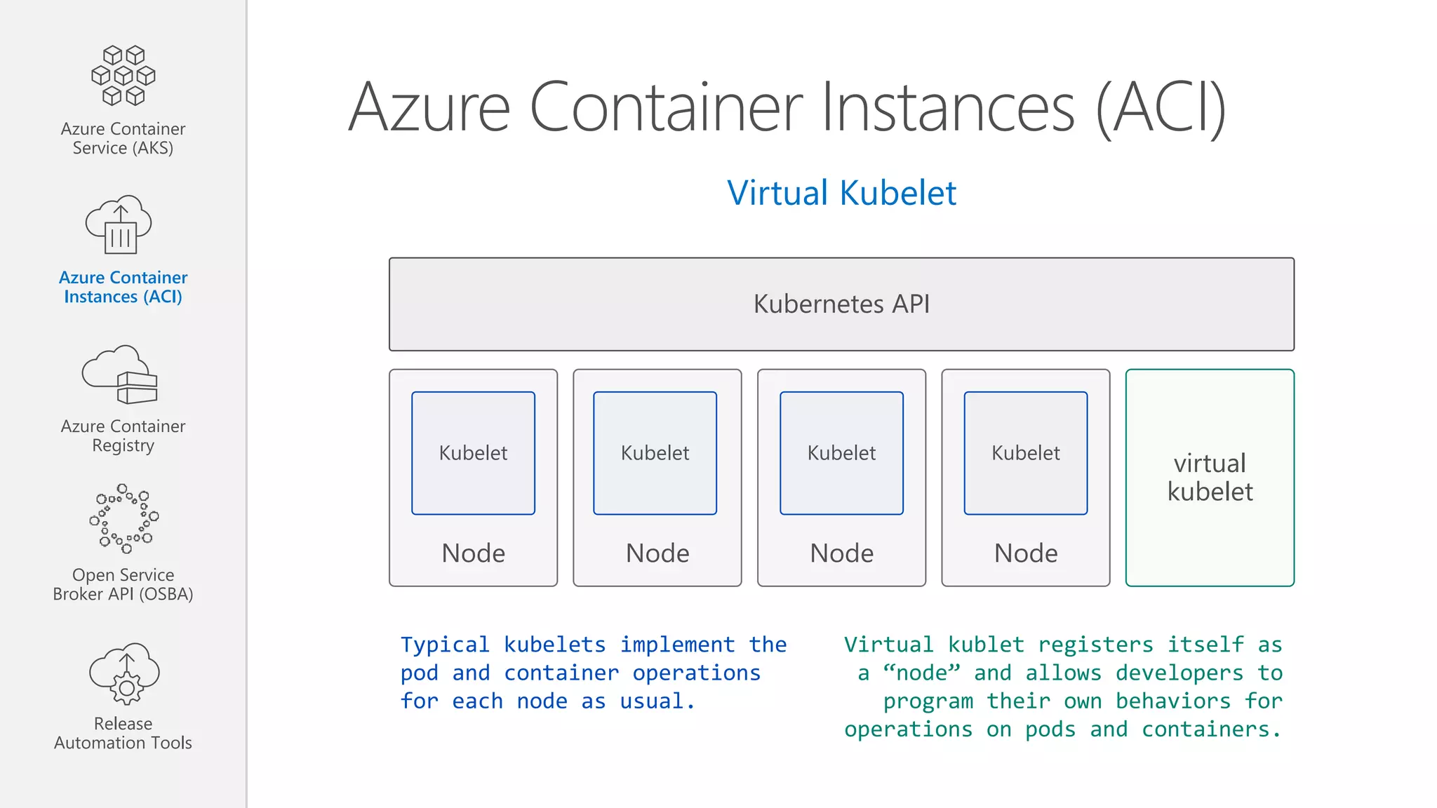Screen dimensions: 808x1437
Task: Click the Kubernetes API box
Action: [x=841, y=304]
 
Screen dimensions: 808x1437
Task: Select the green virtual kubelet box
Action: [x=1210, y=478]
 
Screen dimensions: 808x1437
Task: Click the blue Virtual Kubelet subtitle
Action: [x=841, y=193]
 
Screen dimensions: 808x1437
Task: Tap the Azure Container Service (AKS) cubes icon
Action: [x=123, y=76]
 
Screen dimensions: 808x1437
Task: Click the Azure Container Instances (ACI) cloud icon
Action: [x=119, y=224]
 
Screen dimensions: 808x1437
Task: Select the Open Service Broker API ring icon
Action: [x=124, y=518]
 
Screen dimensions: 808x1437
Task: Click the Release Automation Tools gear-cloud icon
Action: [x=125, y=673]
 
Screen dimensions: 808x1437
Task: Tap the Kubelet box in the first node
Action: [x=473, y=453]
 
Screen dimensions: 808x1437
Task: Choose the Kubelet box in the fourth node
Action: [x=1025, y=453]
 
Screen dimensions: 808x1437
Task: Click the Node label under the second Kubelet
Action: [x=657, y=553]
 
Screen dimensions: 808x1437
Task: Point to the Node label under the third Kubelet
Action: [x=841, y=553]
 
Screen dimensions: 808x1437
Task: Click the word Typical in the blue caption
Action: [x=445, y=645]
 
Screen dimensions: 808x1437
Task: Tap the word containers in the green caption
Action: [x=1205, y=729]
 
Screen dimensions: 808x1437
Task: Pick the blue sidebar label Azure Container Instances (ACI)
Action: [x=123, y=287]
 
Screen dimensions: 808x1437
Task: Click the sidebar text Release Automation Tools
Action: [x=123, y=733]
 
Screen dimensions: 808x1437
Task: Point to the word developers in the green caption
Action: [x=1179, y=673]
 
